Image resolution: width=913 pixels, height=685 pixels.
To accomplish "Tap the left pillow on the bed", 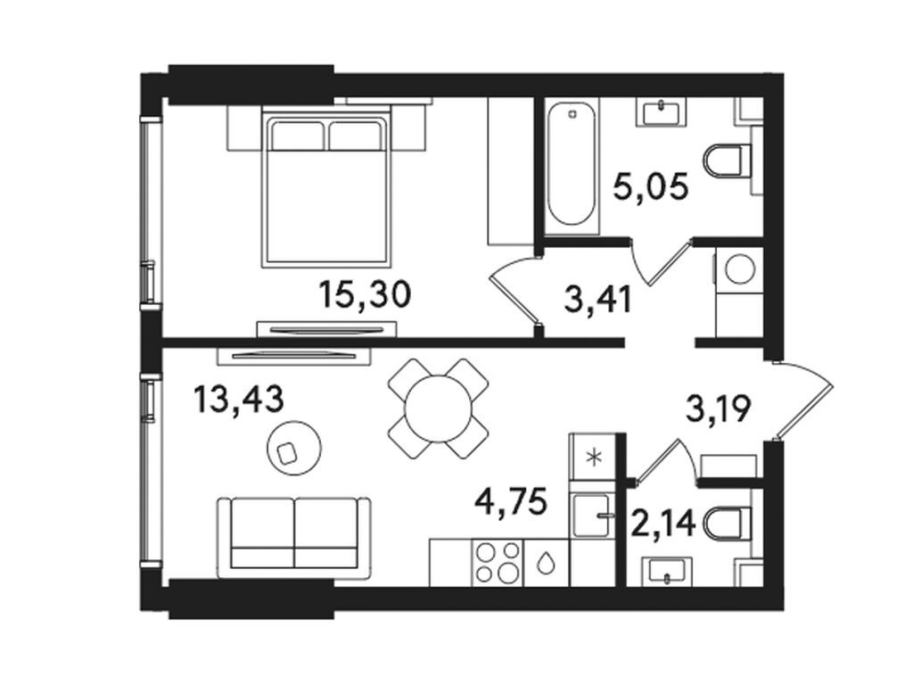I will [x=298, y=136].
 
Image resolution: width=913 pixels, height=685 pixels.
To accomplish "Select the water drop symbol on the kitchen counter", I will [x=544, y=563].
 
